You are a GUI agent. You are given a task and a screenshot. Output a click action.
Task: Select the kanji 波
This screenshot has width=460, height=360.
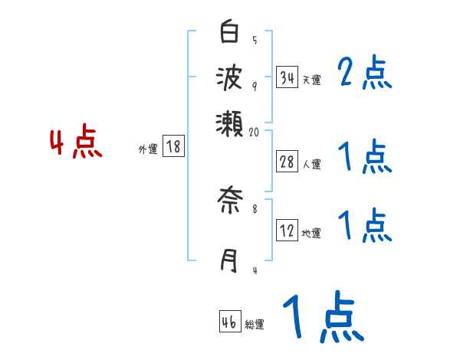229,77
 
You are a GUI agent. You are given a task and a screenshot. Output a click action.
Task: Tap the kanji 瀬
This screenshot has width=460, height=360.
229,121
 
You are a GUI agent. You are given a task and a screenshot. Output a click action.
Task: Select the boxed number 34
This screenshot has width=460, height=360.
287,77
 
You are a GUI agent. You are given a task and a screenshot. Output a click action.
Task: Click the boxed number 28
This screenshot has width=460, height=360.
287,162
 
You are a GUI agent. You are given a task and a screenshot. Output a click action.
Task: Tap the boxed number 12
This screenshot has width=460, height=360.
287,231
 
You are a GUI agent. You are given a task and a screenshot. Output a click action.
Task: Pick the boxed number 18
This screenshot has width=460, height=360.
174,147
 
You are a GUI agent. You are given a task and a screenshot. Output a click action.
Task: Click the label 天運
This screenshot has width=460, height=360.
311,80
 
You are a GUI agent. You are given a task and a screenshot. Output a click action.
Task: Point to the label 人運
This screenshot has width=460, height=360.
311,164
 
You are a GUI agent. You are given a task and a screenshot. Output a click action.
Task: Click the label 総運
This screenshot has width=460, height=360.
255,325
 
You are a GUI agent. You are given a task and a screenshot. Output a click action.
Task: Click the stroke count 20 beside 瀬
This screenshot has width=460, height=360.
255,132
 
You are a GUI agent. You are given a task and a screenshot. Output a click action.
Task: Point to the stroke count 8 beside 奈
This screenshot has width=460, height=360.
254,207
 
